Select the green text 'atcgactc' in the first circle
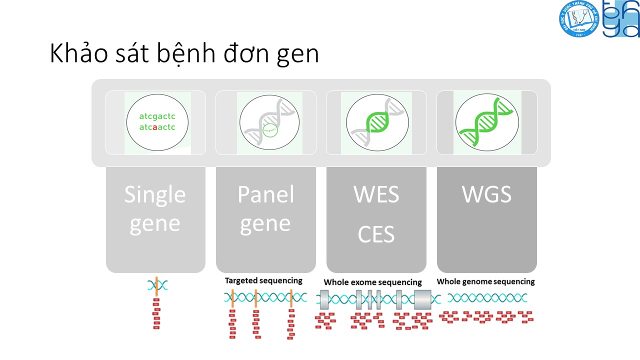[157, 116]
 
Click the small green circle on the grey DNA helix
[269, 130]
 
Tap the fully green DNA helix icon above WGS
[487, 122]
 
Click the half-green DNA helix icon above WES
[376, 122]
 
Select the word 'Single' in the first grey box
[155, 194]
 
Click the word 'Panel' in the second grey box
[265, 194]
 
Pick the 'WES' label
[376, 194]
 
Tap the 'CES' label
[376, 234]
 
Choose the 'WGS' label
[487, 194]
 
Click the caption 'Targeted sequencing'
[263, 280]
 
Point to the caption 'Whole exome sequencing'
[372, 282]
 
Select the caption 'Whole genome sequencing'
[485, 281]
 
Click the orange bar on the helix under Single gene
[156, 286]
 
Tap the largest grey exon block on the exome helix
[422, 299]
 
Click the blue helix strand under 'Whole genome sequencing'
[487, 298]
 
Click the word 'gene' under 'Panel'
[265, 223]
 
